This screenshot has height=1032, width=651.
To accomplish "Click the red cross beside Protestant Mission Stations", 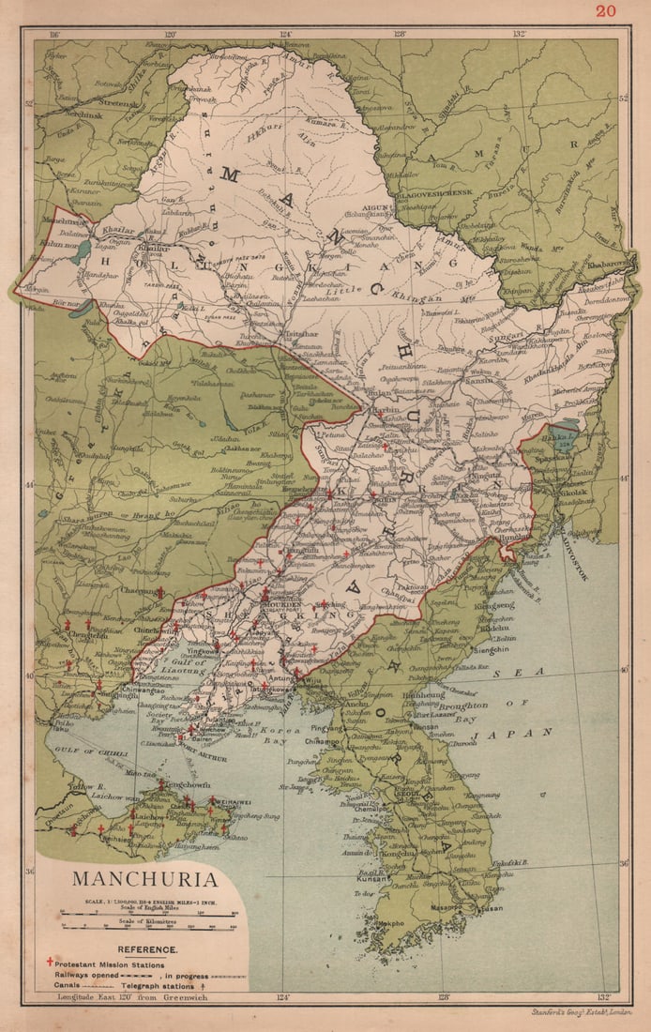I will (x=49, y=964).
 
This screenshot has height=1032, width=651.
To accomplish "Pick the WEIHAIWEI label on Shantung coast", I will (x=225, y=800).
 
